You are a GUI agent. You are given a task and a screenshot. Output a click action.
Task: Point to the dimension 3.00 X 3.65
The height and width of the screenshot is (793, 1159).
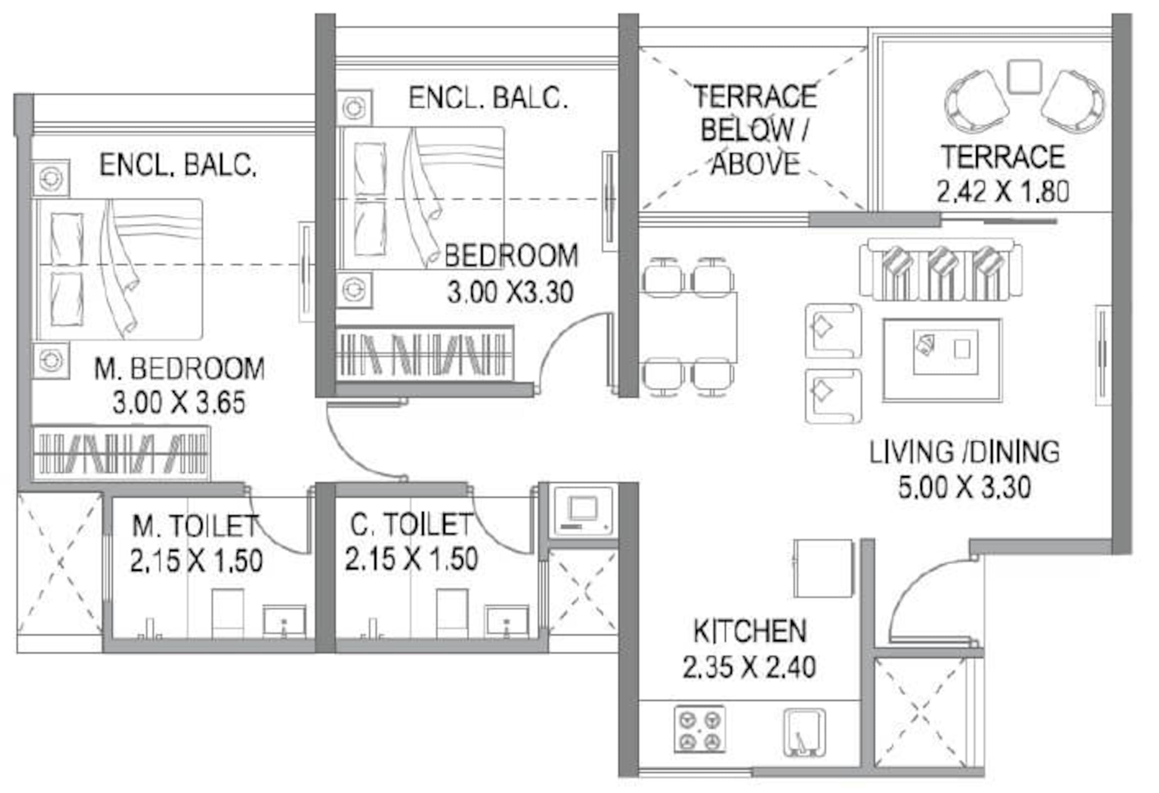click(179, 403)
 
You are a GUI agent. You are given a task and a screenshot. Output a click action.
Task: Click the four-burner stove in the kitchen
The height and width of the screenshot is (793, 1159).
click(700, 729)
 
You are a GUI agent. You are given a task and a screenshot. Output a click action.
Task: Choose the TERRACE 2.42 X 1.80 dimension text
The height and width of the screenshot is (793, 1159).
click(1003, 191)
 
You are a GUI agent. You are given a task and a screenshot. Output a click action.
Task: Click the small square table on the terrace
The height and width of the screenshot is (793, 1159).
click(1024, 77)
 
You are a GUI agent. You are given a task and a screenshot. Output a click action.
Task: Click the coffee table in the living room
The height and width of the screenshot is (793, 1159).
click(942, 360)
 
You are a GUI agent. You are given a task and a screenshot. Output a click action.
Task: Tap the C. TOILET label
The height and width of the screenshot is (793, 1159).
click(411, 524)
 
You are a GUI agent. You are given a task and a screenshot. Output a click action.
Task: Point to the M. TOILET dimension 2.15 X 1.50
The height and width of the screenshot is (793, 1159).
click(197, 560)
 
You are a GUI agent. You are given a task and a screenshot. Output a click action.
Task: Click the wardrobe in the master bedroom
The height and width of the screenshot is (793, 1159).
click(121, 453)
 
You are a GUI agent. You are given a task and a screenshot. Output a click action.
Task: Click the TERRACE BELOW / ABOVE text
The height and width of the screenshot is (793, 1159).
click(755, 130)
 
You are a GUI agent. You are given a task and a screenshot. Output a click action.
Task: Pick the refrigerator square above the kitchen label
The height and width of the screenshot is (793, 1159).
click(823, 568)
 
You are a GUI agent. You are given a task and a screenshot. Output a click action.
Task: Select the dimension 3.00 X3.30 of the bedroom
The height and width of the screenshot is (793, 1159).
click(510, 292)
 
